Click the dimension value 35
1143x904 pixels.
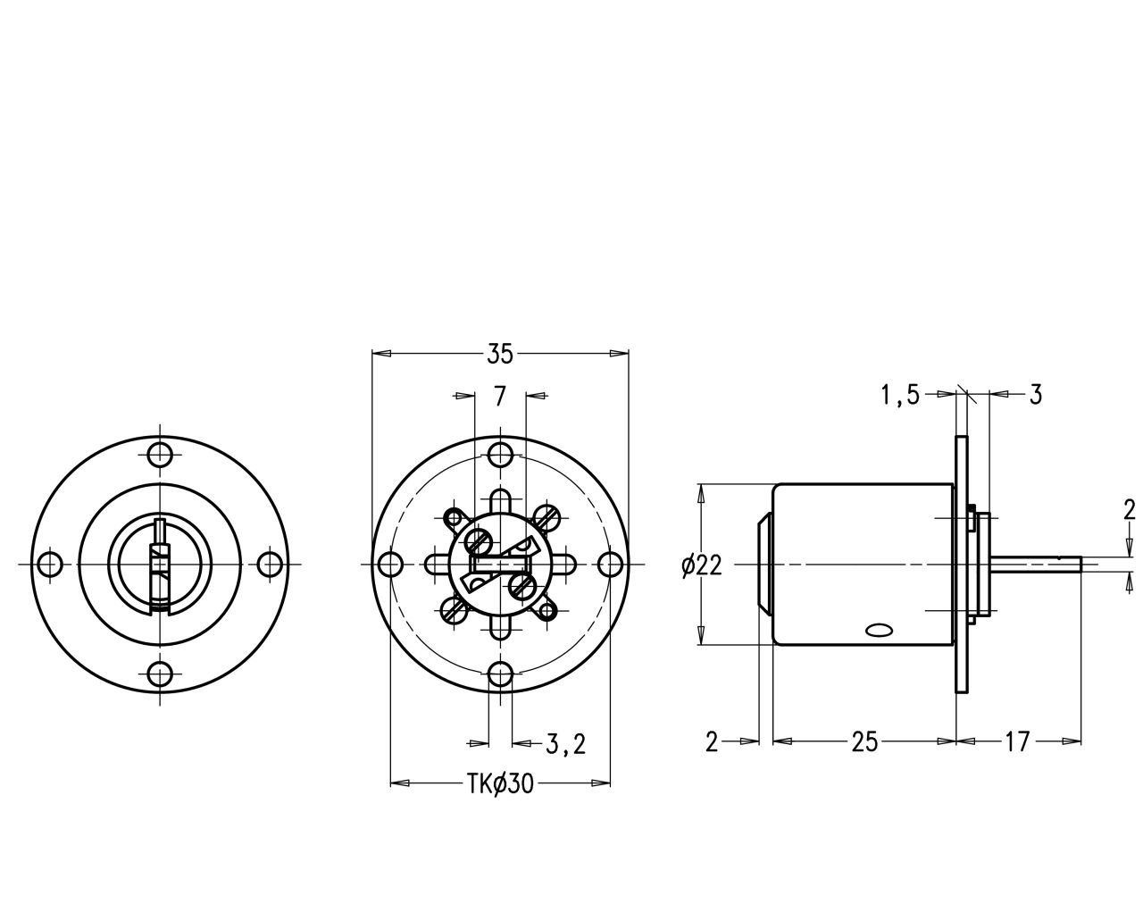click(500, 354)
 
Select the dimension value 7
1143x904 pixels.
click(500, 396)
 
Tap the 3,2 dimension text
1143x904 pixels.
click(565, 744)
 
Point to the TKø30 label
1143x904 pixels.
click(500, 784)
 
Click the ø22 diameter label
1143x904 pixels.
click(702, 565)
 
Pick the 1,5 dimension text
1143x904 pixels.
click(900, 395)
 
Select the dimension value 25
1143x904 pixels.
click(864, 742)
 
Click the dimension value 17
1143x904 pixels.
click(1017, 742)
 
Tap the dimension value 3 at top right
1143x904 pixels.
click(1036, 394)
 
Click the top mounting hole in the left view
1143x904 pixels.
click(160, 455)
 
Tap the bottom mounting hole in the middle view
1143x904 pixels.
click(500, 675)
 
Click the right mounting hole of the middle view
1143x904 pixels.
click(610, 564)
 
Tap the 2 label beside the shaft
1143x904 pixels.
click(1130, 510)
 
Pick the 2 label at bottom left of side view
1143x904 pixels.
click(712, 742)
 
